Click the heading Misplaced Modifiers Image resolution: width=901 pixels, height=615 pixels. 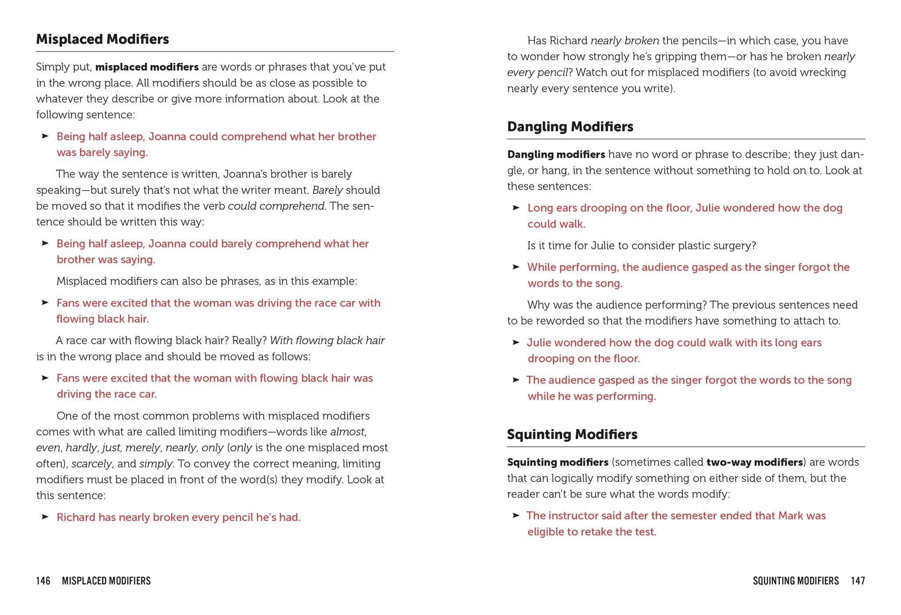(102, 40)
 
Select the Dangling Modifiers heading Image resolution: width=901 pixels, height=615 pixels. (570, 127)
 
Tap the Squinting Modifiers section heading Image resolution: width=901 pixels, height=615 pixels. (572, 434)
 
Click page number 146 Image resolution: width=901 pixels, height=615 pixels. (43, 581)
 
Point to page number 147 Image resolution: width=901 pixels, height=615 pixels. (858, 581)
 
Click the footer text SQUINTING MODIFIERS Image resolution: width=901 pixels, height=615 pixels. (795, 581)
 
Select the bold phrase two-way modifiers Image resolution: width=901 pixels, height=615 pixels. (754, 462)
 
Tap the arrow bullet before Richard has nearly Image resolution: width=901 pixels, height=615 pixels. (45, 517)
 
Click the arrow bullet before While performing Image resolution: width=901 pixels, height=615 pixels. (516, 267)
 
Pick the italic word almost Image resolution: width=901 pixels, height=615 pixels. (347, 432)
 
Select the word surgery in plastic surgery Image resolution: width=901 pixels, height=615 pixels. (738, 246)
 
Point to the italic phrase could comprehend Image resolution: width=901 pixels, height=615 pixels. (276, 206)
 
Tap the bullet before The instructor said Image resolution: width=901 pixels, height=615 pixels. (516, 515)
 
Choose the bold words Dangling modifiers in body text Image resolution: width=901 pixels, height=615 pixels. (556, 155)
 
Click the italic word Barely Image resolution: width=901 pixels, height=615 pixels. (327, 190)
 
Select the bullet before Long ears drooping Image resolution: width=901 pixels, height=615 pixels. (516, 208)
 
